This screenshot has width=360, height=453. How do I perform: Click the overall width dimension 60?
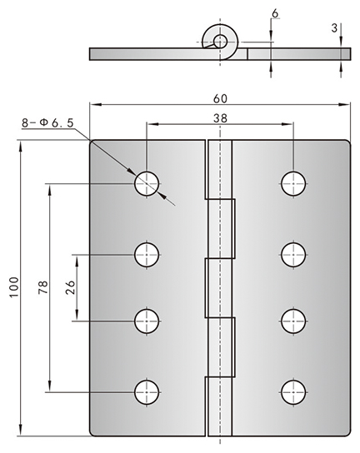click(x=220, y=99)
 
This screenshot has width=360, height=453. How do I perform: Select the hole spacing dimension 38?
click(x=220, y=118)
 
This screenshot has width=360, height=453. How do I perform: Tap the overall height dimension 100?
click(x=14, y=287)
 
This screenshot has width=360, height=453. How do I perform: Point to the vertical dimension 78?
click(x=43, y=287)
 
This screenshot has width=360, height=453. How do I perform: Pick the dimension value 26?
click(x=70, y=287)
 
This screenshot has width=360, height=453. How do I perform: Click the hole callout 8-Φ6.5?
click(x=48, y=123)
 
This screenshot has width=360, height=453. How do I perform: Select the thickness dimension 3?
click(x=334, y=28)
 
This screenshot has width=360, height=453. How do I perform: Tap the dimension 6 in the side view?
click(x=275, y=13)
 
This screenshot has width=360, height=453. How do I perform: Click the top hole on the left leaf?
click(x=147, y=183)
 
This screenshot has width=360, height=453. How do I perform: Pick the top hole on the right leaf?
click(x=293, y=183)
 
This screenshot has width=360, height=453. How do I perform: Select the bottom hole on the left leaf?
click(x=147, y=392)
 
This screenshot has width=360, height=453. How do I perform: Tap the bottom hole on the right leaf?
click(x=293, y=392)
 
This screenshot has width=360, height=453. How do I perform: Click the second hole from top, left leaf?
click(x=147, y=255)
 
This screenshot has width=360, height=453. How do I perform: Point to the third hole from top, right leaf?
click(x=293, y=321)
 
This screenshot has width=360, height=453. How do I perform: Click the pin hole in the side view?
click(x=220, y=41)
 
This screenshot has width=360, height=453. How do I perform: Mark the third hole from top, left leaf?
click(x=147, y=321)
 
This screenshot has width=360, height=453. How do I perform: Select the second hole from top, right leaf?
click(x=293, y=255)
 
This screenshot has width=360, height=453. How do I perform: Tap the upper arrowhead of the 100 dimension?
click(x=20, y=147)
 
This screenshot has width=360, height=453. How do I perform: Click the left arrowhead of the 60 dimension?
click(x=96, y=104)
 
